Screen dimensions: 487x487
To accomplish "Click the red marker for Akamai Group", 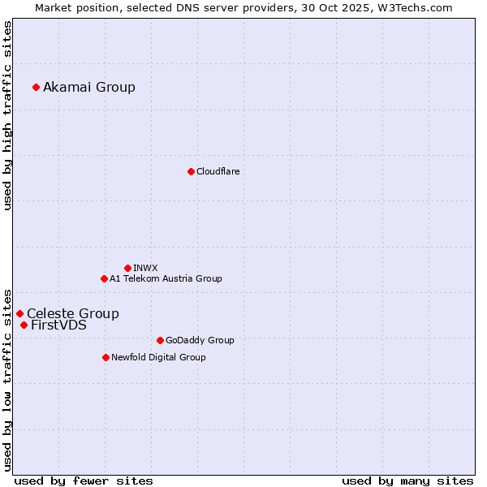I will (x=36, y=87).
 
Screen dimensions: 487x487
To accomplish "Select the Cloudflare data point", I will (x=191, y=171).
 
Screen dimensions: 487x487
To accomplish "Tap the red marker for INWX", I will (x=127, y=268).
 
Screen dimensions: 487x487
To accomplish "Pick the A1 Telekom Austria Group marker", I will (x=104, y=278).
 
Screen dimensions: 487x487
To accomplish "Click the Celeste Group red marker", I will (x=19, y=313).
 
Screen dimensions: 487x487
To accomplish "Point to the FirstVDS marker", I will (x=24, y=325).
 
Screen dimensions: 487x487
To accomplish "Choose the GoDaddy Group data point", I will (x=160, y=340).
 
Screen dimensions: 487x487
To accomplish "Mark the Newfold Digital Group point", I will (x=106, y=357).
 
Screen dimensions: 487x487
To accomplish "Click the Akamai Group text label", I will (x=89, y=87).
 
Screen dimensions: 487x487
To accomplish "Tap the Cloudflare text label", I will (x=218, y=171).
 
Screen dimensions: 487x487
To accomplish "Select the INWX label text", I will (x=145, y=268).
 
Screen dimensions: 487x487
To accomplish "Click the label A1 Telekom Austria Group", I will (x=166, y=278).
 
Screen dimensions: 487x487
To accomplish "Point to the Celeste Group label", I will (x=73, y=313).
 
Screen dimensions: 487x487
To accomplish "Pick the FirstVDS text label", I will (x=58, y=325).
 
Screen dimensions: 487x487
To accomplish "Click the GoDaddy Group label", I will (x=200, y=340).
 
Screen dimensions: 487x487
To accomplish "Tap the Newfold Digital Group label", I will (x=158, y=357).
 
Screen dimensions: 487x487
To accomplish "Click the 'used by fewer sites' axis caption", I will (x=84, y=481).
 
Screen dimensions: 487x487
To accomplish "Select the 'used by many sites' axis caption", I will (x=407, y=481).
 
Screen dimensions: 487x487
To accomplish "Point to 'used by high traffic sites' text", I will (x=8, y=115).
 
